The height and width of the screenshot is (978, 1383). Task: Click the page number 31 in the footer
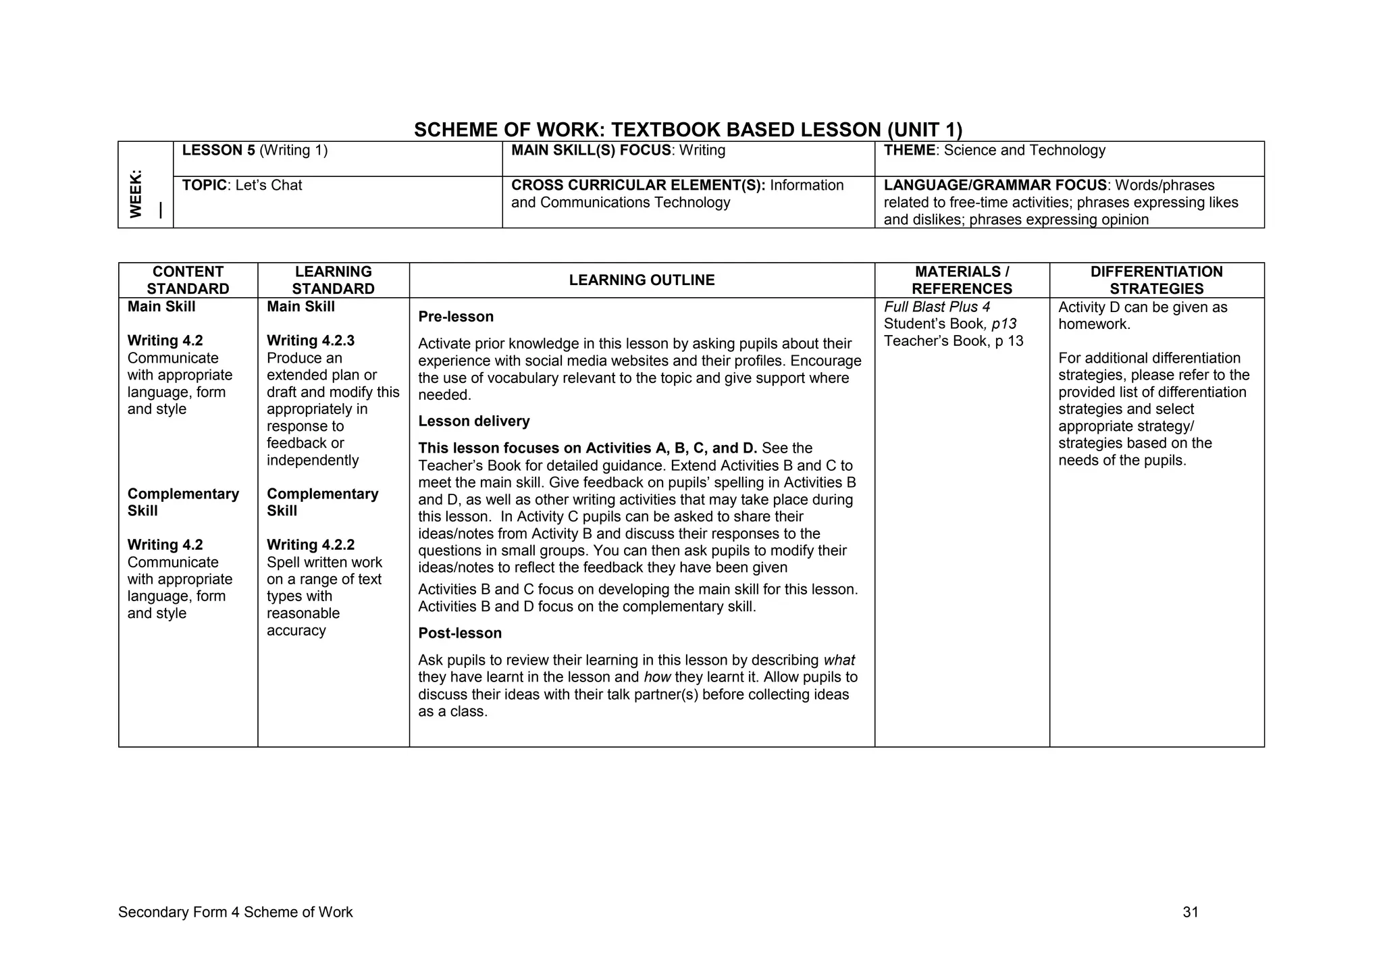[x=1191, y=912]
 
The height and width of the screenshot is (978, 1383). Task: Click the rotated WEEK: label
[x=136, y=194]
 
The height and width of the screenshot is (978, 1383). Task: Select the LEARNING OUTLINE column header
[x=642, y=280]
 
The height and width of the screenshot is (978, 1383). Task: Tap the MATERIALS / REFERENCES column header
[x=962, y=280]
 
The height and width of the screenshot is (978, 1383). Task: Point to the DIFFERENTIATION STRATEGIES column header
[x=1156, y=280]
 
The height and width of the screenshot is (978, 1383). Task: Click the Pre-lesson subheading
[x=456, y=317]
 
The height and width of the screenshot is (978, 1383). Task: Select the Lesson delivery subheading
[x=474, y=421]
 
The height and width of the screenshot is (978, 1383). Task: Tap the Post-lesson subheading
[x=460, y=634]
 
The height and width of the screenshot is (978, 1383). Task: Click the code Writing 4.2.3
[x=311, y=341]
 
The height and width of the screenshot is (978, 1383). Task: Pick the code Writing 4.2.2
[x=311, y=545]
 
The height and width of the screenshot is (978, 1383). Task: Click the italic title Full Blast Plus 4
[x=937, y=307]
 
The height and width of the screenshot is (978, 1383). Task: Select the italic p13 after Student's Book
[x=1004, y=324]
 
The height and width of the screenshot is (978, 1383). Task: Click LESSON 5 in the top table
[x=218, y=151]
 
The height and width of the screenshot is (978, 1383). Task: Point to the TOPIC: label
[x=204, y=186]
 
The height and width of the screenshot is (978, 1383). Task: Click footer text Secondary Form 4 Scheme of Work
[x=235, y=912]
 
